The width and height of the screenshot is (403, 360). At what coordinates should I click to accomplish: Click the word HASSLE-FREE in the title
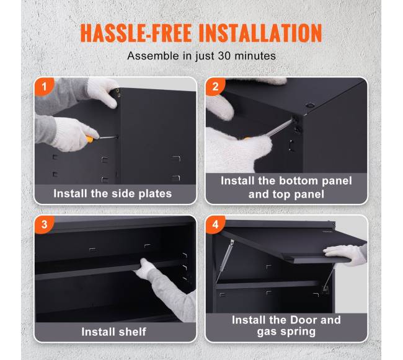[136, 33]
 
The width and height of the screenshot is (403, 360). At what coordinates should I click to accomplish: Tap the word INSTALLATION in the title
[260, 33]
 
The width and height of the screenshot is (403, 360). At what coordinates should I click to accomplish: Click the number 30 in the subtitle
[224, 56]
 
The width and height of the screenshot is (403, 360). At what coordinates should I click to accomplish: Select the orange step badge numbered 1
[44, 87]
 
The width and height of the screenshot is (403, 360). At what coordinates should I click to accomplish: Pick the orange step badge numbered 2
[215, 87]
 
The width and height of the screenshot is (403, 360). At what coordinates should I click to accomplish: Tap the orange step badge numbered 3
[44, 224]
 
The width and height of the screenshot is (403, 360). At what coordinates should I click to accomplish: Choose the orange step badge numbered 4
[215, 224]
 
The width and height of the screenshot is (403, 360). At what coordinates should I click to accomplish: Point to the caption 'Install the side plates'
[113, 193]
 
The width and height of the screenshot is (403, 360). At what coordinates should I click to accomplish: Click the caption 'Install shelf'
[113, 331]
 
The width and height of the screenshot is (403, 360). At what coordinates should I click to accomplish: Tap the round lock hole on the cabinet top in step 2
[310, 105]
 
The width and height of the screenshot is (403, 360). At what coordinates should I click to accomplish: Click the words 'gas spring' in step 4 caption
[286, 331]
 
